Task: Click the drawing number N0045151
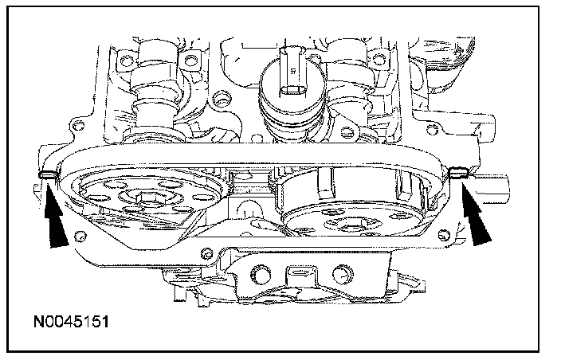[71, 322]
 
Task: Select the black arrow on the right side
[475, 213]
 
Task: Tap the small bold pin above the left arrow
[48, 174]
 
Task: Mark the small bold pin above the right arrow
[459, 172]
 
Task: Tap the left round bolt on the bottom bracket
[261, 274]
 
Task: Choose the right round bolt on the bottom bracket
[343, 274]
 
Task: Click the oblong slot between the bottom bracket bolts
[301, 272]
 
